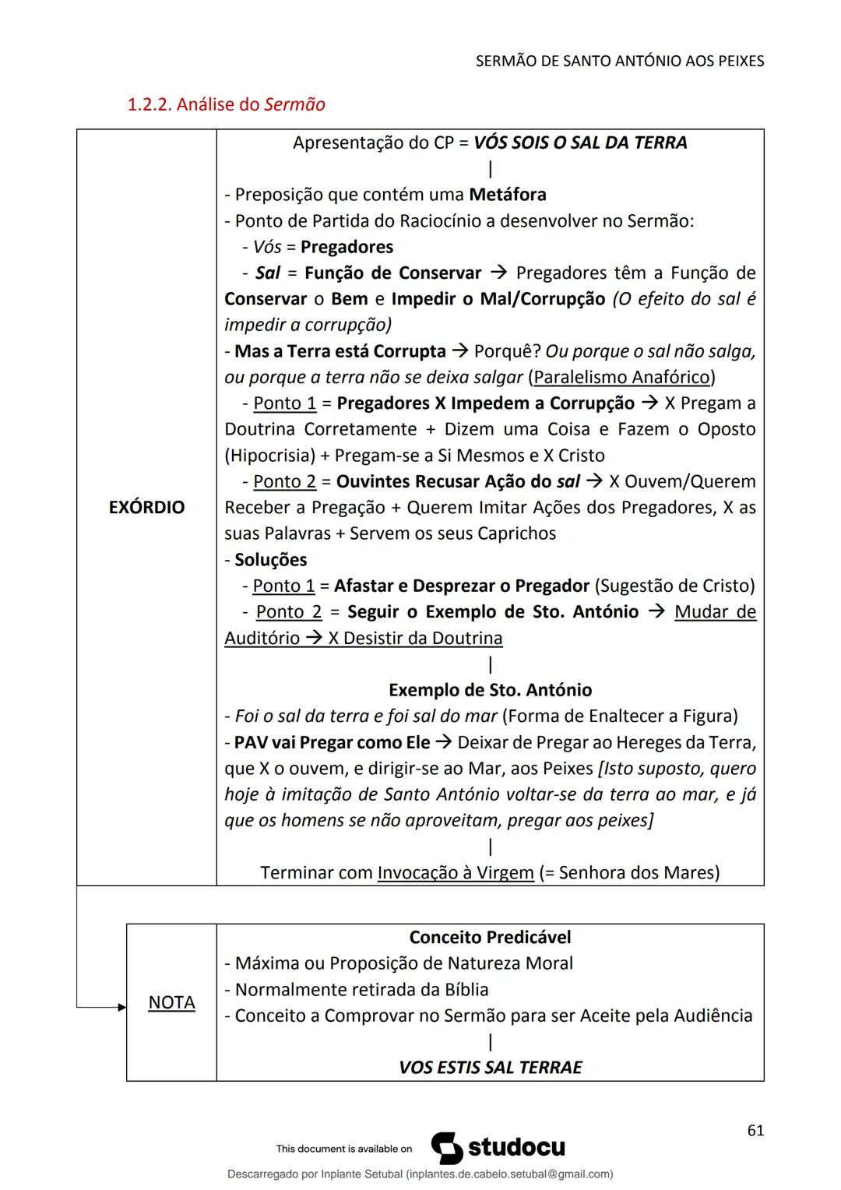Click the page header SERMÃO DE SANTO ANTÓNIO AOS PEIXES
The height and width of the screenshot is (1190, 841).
click(x=619, y=61)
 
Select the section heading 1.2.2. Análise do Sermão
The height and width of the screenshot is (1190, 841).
click(x=226, y=104)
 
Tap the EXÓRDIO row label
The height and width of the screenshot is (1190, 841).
click(x=146, y=508)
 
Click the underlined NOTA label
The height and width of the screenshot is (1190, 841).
click(x=171, y=1002)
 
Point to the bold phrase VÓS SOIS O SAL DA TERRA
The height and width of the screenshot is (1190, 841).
click(x=580, y=143)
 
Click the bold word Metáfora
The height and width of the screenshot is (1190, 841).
click(x=507, y=195)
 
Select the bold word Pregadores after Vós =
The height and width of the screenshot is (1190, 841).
click(x=347, y=247)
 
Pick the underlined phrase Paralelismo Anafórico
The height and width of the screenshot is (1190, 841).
click(x=621, y=378)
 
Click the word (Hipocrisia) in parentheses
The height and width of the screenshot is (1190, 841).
click(x=269, y=456)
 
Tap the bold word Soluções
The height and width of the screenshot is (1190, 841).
click(x=270, y=560)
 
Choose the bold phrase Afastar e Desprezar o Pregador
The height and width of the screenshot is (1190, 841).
click(x=461, y=586)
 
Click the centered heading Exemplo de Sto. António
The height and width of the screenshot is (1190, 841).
click(x=490, y=690)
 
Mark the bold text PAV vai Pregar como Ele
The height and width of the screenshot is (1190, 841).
click(x=332, y=742)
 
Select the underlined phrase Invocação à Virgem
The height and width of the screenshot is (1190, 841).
click(x=456, y=872)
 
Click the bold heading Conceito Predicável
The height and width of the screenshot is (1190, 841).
click(x=490, y=938)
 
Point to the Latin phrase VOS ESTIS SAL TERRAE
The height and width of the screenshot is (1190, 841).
click(x=490, y=1068)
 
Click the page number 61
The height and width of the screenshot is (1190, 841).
click(x=755, y=1131)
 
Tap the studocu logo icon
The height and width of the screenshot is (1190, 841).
click(x=446, y=1148)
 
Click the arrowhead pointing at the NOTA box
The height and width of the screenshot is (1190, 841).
click(x=121, y=1008)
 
